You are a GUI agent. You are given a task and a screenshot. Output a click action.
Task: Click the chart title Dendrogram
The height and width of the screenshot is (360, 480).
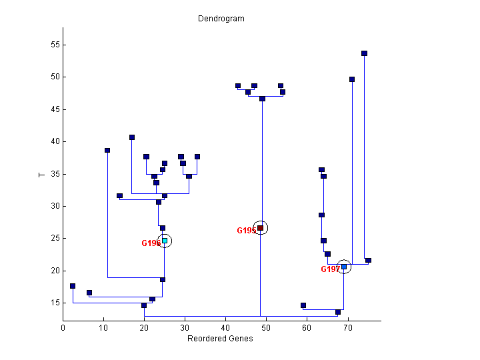coord(221,19)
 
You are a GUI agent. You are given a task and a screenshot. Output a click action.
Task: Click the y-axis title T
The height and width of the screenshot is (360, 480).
coord(41,174)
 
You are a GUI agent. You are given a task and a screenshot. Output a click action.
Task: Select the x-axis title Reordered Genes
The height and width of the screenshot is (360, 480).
coord(221,338)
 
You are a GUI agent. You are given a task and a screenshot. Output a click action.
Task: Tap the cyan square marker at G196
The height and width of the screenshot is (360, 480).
coord(165,241)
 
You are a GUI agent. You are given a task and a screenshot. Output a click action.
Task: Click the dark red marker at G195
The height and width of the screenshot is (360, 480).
coord(261,228)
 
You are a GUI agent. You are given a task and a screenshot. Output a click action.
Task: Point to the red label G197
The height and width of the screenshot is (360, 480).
coord(330,269)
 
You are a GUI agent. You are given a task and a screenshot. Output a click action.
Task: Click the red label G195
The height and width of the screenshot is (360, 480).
coord(246,231)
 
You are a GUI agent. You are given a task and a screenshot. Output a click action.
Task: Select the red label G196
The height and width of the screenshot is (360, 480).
coord(150,243)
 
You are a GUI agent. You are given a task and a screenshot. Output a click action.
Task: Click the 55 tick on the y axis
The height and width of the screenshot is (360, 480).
coord(53,45)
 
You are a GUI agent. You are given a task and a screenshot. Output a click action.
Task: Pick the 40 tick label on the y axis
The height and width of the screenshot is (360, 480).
coord(53,141)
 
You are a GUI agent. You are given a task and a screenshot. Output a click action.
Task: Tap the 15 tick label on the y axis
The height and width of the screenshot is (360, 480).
coord(53,303)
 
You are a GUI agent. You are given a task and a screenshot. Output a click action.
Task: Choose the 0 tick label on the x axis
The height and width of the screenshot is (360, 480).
coord(63,327)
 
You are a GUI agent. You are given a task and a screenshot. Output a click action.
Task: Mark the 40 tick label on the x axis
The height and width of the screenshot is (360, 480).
coord(225,327)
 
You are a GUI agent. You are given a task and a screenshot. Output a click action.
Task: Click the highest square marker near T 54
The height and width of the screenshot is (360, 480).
coord(364,53)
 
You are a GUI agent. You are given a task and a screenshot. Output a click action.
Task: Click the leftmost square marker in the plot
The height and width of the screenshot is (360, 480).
coord(73,286)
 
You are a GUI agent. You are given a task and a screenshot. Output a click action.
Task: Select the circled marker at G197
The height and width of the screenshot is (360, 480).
coord(344,267)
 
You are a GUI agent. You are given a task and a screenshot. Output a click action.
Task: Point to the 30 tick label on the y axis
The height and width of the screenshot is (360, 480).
coord(53,206)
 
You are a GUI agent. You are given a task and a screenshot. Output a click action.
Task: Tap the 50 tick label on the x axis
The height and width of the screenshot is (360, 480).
coord(266,327)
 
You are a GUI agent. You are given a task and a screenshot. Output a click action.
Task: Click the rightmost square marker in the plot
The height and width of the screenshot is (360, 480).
coord(368,261)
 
